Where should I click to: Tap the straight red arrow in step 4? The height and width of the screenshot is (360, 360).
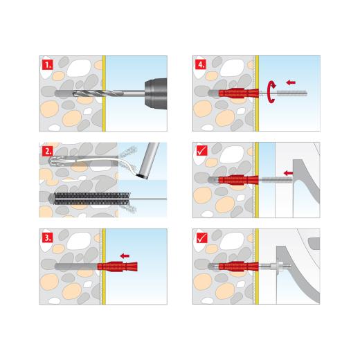[291, 82]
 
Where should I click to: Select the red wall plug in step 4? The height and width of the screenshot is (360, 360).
[240, 92]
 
